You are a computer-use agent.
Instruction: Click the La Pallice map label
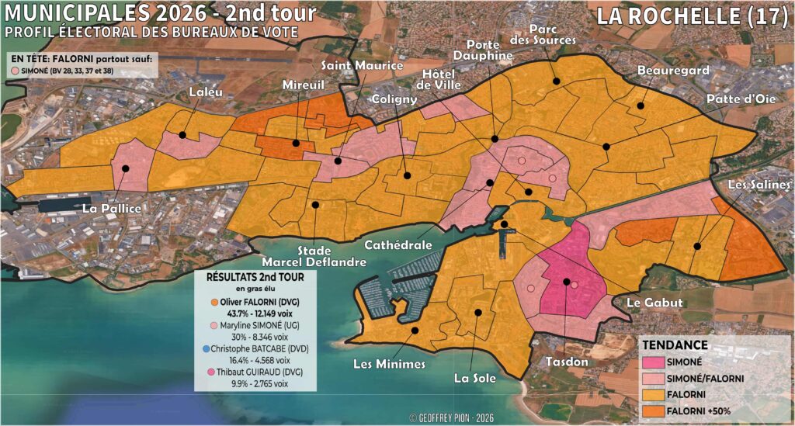[x=112, y=210]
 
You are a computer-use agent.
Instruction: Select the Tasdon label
[x=564, y=362]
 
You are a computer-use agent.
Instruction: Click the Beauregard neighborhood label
[x=662, y=71]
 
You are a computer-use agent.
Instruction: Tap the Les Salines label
[x=759, y=185]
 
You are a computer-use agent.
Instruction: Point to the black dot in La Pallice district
[x=126, y=168]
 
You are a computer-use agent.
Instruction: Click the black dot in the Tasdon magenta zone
[x=567, y=282]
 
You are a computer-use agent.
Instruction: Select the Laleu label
[x=206, y=93]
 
